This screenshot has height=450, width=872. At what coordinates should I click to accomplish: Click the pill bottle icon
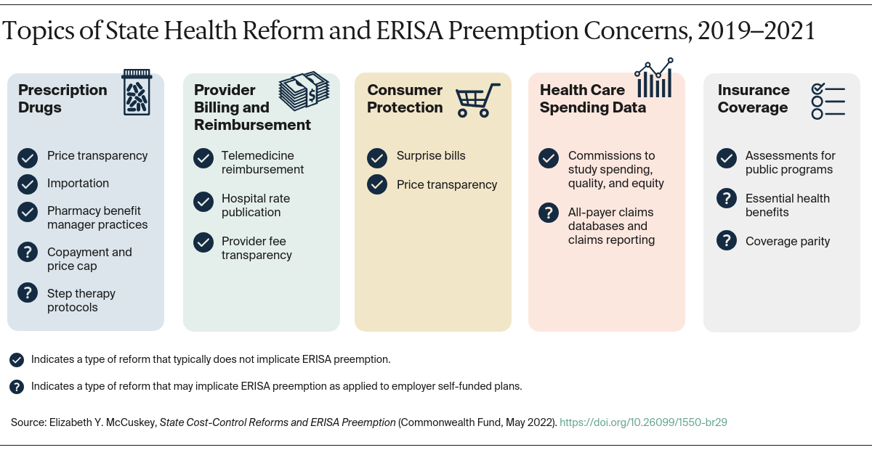[136, 92]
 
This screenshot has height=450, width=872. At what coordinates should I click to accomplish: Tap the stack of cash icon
[304, 91]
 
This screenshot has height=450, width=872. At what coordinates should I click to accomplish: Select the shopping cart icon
[477, 99]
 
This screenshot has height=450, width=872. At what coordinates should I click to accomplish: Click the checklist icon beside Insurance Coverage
[828, 100]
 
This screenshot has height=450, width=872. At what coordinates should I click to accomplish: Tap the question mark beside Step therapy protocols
[28, 293]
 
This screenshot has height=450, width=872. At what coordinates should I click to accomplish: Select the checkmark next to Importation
[28, 184]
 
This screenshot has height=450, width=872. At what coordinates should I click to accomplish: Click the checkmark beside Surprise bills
[377, 157]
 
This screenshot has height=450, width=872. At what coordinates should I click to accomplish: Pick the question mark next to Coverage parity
[726, 241]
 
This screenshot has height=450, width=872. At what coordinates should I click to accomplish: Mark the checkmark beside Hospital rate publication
[203, 202]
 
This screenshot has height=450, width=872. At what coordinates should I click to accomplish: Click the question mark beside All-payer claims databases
[549, 213]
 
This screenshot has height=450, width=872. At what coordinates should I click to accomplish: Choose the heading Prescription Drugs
[62, 99]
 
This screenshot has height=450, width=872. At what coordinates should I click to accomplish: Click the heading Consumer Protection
[405, 99]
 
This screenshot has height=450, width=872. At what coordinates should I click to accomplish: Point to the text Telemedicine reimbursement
[262, 163]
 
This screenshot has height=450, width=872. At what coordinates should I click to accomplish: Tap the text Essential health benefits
[787, 205]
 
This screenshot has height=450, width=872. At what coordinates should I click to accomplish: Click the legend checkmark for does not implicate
[17, 359]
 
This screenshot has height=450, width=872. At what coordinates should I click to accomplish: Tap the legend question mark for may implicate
[17, 387]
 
